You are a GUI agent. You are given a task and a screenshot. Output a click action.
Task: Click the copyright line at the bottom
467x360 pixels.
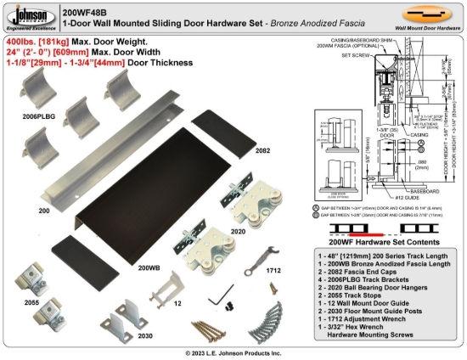tap(233, 352)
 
